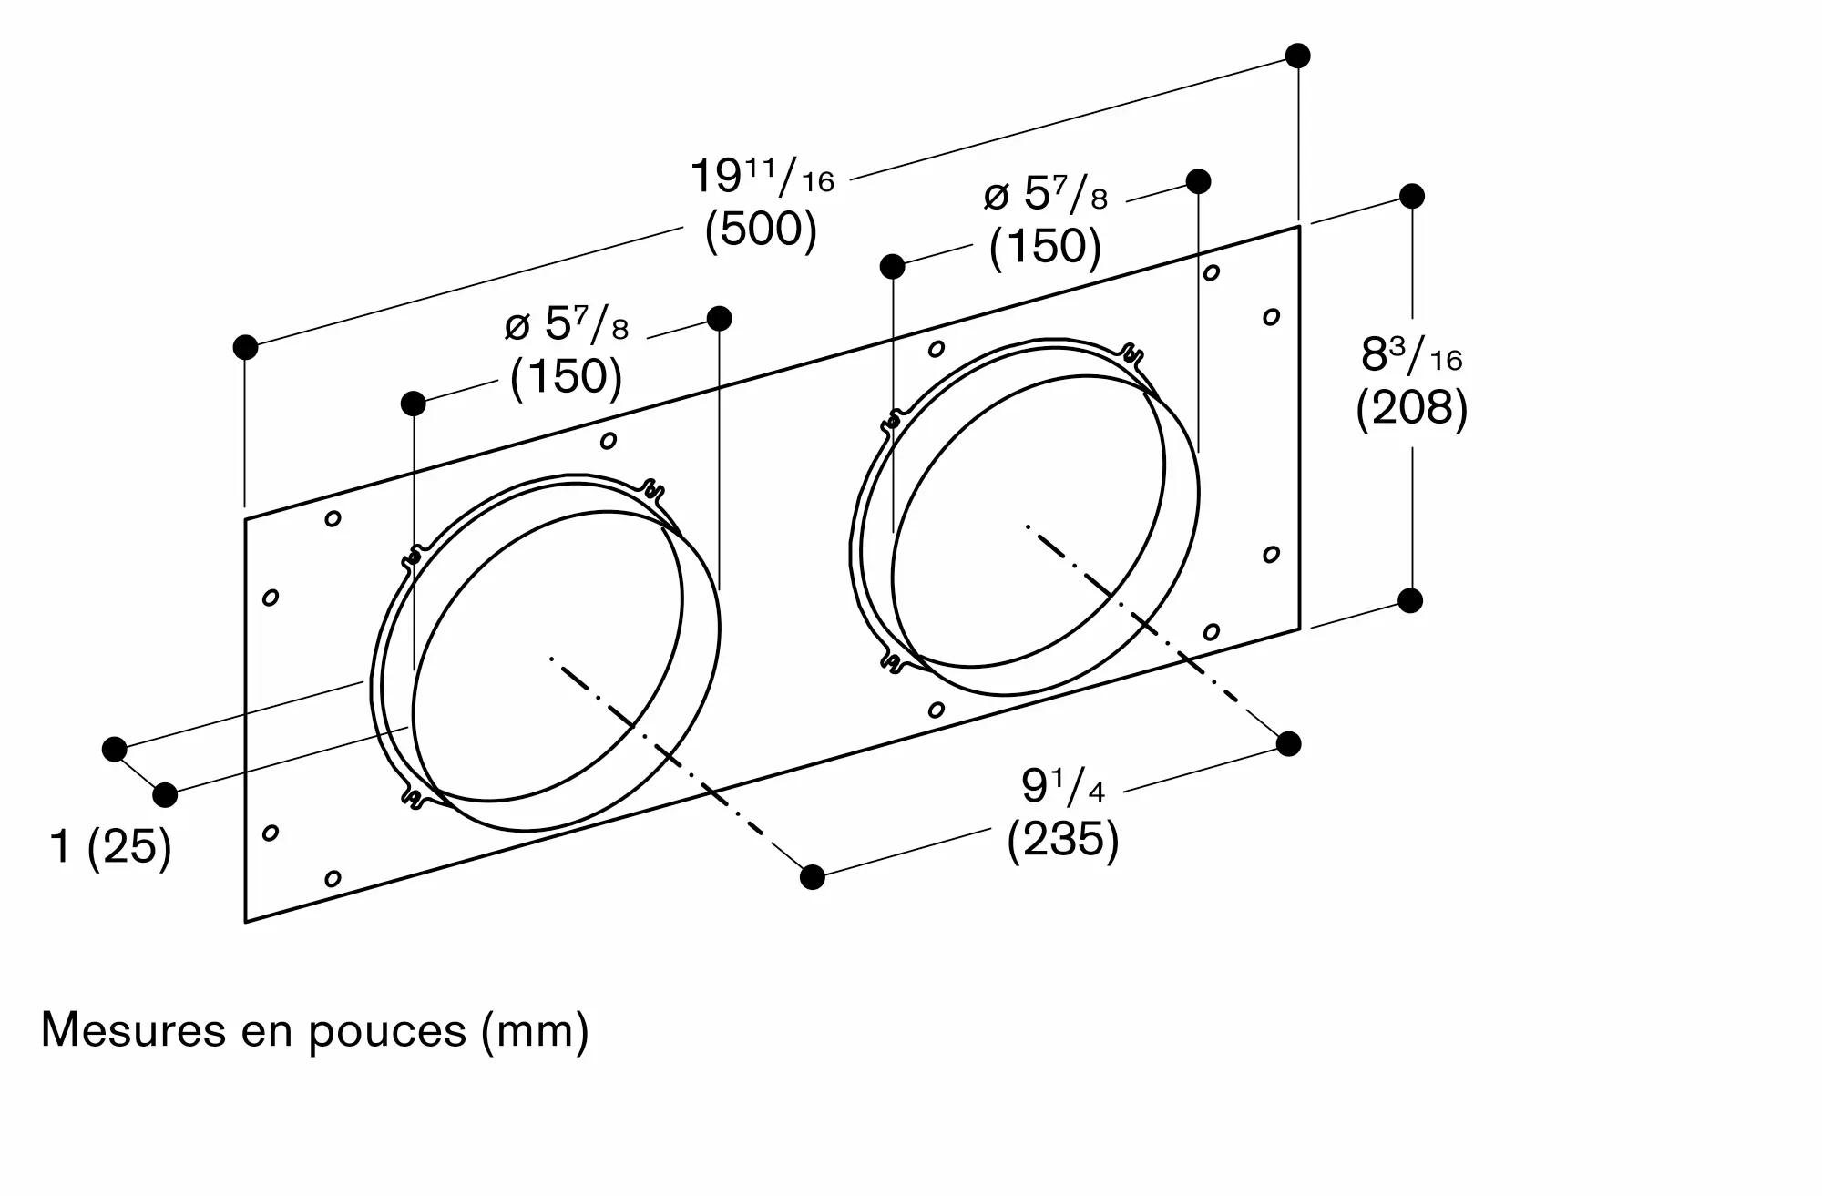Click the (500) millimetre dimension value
[761, 230]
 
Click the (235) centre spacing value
[1062, 838]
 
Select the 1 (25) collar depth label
[110, 847]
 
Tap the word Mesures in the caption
[132, 1029]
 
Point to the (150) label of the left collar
[566, 376]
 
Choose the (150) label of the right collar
[1045, 246]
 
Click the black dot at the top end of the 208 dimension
[1411, 196]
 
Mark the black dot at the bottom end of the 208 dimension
[1410, 600]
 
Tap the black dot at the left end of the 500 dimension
[245, 347]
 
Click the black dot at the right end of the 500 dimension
[1297, 56]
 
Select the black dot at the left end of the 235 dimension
[812, 877]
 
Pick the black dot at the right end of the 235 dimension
[1288, 744]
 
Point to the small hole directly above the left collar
[608, 441]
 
